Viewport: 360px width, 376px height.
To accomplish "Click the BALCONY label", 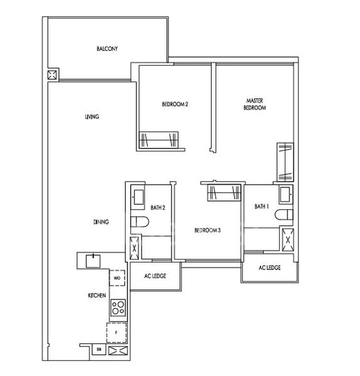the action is (x=107, y=49).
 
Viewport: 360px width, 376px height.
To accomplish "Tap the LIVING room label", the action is (x=92, y=117).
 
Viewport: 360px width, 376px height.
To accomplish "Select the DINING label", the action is (x=101, y=222).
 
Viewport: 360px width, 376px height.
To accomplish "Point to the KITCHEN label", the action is (x=97, y=295).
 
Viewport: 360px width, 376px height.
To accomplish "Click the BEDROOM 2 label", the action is (x=175, y=104).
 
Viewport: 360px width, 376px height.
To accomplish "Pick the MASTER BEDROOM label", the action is (x=255, y=104).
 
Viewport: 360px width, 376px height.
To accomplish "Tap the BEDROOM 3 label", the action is (x=207, y=230).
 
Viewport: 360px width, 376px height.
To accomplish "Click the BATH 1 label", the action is (x=262, y=206).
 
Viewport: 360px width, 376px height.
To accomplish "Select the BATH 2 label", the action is (x=158, y=207).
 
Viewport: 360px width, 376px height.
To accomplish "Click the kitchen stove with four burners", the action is (x=118, y=308).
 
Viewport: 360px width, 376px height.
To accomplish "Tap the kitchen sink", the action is (x=93, y=261).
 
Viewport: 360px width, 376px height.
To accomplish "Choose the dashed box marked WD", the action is (x=117, y=278).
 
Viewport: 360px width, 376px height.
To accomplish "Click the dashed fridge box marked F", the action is (x=116, y=333).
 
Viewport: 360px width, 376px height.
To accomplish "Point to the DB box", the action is (x=99, y=350).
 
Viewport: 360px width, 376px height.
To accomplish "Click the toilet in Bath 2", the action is (x=140, y=222).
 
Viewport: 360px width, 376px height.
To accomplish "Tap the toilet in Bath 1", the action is (x=284, y=214).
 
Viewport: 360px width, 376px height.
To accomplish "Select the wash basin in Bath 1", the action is (x=285, y=194).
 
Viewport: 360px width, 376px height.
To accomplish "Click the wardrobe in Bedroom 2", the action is (x=158, y=140).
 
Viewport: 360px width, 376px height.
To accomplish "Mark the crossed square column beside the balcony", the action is (x=52, y=75).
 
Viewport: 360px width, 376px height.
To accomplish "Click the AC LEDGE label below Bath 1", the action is (x=270, y=268).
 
